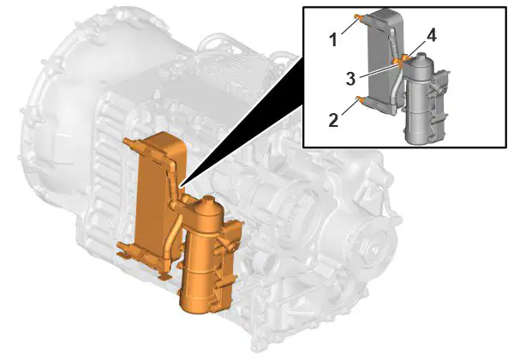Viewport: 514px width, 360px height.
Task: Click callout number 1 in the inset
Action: pos(332,40)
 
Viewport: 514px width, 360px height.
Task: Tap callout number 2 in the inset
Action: pos(333,120)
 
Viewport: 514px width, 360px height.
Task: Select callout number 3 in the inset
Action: pos(350,79)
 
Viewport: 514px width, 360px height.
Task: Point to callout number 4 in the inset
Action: pos(432,36)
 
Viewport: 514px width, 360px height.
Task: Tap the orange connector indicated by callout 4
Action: pos(405,57)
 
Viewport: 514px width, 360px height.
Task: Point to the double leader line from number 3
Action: pos(380,69)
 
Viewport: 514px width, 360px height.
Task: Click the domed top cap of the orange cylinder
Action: pos(208,205)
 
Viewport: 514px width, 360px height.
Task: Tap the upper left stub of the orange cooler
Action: pos(130,143)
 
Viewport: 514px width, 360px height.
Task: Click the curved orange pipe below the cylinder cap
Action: pos(173,237)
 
